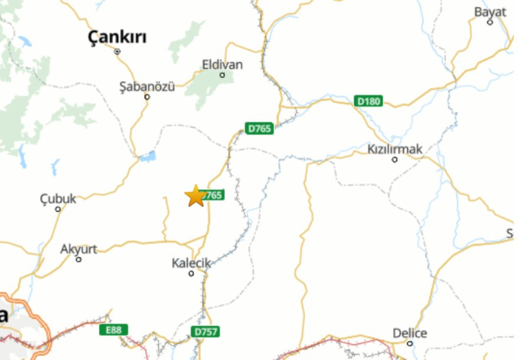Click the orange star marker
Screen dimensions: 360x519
pyautogui.click(x=195, y=196)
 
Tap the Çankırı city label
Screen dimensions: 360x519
pyautogui.click(x=117, y=38)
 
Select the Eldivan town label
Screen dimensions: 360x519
pyautogui.click(x=222, y=64)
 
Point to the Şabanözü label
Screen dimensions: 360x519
pyautogui.click(x=147, y=86)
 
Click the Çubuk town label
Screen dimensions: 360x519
pyautogui.click(x=58, y=199)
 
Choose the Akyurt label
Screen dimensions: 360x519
pyautogui.click(x=78, y=249)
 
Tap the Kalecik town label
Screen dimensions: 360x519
pyautogui.click(x=191, y=263)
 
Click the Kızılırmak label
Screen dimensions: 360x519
pyautogui.click(x=394, y=149)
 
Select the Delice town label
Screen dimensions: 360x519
pyautogui.click(x=410, y=333)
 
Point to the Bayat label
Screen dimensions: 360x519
pyautogui.click(x=490, y=12)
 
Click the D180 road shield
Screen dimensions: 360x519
pyautogui.click(x=369, y=101)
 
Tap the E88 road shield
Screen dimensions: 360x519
pyautogui.click(x=113, y=330)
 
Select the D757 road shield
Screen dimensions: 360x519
pyautogui.click(x=206, y=332)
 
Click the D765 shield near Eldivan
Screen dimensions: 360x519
pyautogui.click(x=259, y=128)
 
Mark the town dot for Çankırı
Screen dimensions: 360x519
pyautogui.click(x=117, y=51)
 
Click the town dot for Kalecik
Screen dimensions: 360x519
pyautogui.click(x=191, y=274)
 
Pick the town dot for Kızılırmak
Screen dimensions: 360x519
pyautogui.click(x=394, y=159)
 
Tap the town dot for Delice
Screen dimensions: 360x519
pyautogui.click(x=410, y=344)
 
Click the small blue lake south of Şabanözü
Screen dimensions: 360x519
pyautogui.click(x=148, y=156)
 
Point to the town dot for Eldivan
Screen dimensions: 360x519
pyautogui.click(x=222, y=75)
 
